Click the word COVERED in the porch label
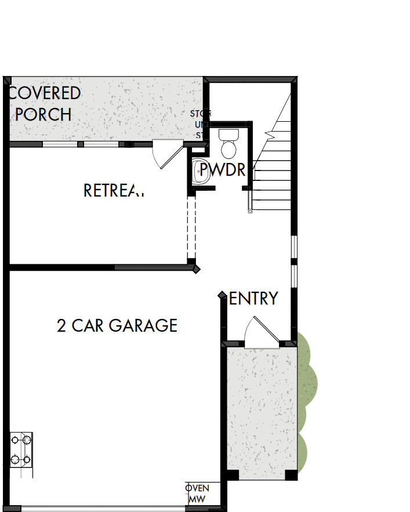[45, 93]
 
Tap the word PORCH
[43, 114]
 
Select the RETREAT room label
[114, 190]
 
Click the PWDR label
[223, 170]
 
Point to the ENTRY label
[254, 299]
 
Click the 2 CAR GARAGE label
[117, 325]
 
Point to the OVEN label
[197, 488]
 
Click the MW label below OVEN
[197, 499]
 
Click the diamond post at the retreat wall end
[197, 268]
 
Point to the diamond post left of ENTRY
[222, 296]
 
